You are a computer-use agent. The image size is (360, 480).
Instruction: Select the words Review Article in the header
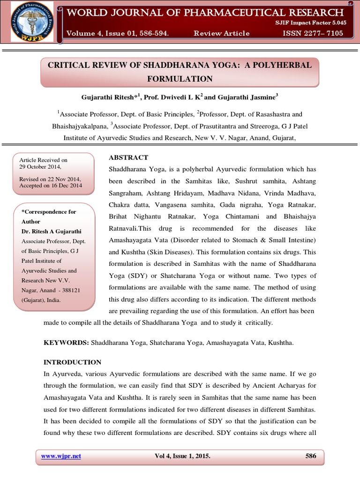click(x=222, y=33)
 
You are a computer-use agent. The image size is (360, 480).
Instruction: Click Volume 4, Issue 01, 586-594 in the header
click(x=118, y=33)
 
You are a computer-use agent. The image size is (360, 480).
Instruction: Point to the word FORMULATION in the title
click(x=180, y=79)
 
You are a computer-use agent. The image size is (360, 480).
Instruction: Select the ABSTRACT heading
click(x=128, y=157)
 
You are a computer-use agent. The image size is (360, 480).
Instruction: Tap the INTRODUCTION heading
click(x=72, y=362)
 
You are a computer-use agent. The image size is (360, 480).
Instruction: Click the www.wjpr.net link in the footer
click(x=61, y=456)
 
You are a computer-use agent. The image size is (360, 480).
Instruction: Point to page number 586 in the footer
click(x=310, y=456)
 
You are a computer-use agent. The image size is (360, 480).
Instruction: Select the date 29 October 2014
click(x=40, y=167)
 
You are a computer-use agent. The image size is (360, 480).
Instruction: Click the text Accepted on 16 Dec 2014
click(x=51, y=186)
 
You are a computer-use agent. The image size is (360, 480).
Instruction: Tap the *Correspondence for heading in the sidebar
click(x=49, y=212)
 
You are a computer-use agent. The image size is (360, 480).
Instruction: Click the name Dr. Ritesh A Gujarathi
click(x=52, y=232)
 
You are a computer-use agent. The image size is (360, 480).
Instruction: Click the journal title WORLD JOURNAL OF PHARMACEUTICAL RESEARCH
click(x=205, y=13)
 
